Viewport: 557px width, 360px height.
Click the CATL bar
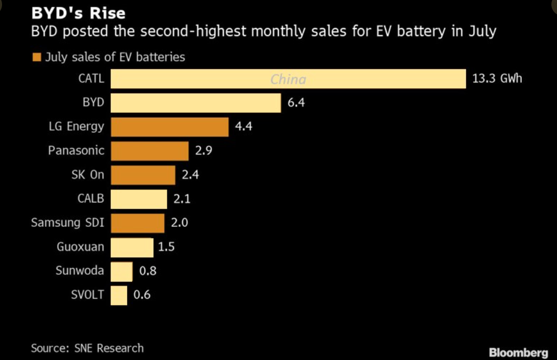click(288, 79)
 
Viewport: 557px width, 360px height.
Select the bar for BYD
click(195, 103)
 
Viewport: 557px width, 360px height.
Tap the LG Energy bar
click(169, 127)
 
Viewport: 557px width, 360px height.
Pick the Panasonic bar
click(149, 151)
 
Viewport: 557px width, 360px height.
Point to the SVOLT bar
click(119, 295)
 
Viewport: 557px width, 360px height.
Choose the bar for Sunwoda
click(121, 271)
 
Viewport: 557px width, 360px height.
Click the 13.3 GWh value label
click(497, 79)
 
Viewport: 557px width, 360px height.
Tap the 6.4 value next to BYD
click(296, 103)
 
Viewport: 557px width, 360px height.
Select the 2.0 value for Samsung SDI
click(180, 223)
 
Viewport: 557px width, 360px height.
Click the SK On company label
click(87, 175)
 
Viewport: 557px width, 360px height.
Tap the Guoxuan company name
click(80, 247)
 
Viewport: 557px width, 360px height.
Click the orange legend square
click(36, 57)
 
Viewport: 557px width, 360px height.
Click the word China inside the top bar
click(288, 80)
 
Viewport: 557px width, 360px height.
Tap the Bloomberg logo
click(518, 352)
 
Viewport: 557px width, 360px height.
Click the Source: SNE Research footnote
click(87, 348)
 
